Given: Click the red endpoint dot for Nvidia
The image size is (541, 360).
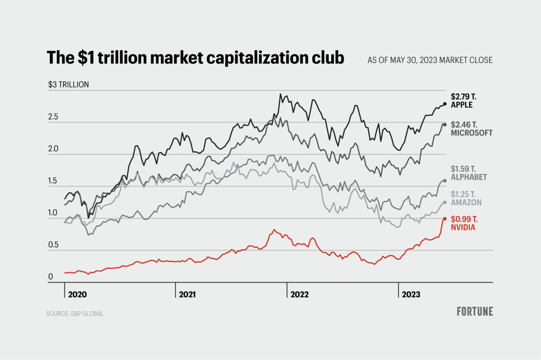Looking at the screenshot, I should [445, 219].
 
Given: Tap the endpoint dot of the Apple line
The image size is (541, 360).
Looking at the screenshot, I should [445, 104].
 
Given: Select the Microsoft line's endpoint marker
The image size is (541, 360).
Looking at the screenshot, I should [445, 125].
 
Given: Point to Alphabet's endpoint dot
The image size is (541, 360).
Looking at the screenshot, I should [445, 181].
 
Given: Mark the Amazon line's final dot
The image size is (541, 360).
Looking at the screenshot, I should [445, 202].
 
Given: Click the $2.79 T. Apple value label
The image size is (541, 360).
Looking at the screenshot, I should [464, 97].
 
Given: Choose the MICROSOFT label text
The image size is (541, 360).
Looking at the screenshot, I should [471, 133].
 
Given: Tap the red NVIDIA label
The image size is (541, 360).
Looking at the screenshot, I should [463, 227].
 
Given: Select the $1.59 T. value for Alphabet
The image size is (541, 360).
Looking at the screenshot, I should [463, 169].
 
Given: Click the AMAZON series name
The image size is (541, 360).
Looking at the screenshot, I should [466, 203].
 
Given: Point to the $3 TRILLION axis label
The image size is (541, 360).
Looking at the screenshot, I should [68, 84].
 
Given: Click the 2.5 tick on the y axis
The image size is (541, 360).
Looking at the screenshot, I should [53, 117].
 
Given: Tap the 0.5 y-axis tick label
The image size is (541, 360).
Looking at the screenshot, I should [53, 245].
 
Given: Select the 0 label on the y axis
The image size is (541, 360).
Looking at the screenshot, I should [51, 277].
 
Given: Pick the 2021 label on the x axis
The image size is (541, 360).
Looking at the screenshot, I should [187, 294].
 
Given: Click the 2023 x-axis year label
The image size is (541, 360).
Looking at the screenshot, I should [411, 294].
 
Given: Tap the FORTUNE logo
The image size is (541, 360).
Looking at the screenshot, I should [475, 312].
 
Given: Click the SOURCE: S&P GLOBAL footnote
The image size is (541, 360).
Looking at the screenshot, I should [75, 314].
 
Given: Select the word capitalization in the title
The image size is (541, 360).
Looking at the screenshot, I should [275, 58].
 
